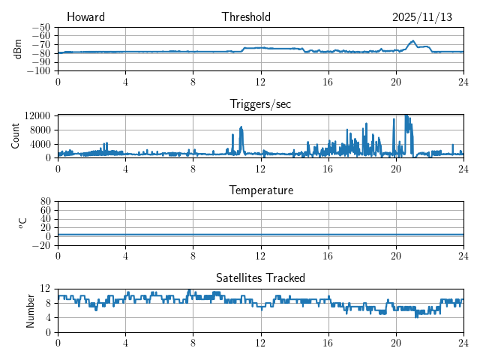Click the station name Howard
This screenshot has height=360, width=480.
click(x=85, y=17)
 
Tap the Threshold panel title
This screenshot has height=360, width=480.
click(x=246, y=17)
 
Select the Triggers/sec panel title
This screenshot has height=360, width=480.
click(x=260, y=104)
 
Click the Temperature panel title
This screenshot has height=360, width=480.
click(x=260, y=190)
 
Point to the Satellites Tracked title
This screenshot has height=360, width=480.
click(x=260, y=277)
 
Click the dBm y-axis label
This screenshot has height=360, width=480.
click(x=18, y=49)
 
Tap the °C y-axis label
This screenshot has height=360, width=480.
click(x=22, y=223)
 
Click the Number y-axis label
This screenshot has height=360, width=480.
click(x=30, y=310)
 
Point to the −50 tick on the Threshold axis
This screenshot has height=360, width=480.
click(x=40, y=28)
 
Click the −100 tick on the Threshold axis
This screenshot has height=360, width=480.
click(x=38, y=71)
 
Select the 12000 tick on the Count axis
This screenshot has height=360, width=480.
click(x=37, y=115)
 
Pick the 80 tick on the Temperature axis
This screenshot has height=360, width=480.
click(x=45, y=202)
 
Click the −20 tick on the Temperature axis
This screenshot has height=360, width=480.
click(x=40, y=245)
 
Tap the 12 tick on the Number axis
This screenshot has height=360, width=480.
click(x=45, y=289)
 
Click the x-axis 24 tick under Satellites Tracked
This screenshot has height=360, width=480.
click(x=463, y=342)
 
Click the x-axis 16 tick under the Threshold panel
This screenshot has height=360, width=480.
click(x=328, y=82)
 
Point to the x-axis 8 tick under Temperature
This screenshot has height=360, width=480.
click(x=193, y=255)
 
